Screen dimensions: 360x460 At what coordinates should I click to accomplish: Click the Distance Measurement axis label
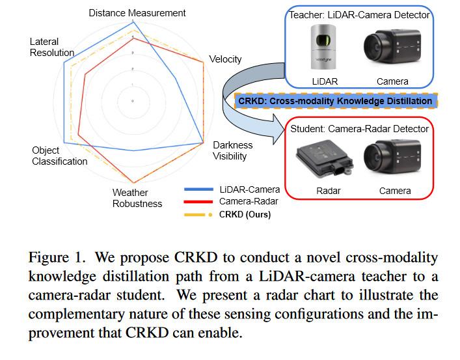pyautogui.click(x=137, y=12)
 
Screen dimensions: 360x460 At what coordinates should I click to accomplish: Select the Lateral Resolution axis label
pyautogui.click(x=52, y=47)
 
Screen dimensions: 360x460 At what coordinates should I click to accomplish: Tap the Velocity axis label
pyautogui.click(x=225, y=59)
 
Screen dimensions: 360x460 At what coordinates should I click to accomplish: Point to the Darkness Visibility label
pyautogui.click(x=232, y=150)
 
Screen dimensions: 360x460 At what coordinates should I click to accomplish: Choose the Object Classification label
pyautogui.click(x=59, y=156)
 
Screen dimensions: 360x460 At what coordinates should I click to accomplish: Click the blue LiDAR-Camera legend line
pyautogui.click(x=200, y=189)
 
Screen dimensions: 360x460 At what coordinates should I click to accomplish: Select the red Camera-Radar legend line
pyautogui.click(x=200, y=202)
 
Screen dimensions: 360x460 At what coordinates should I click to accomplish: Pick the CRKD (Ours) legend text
pyautogui.click(x=245, y=214)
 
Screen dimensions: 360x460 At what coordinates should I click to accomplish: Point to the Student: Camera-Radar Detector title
pyautogui.click(x=360, y=129)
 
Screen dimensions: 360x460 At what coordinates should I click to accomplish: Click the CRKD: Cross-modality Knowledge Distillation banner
pyautogui.click(x=335, y=101)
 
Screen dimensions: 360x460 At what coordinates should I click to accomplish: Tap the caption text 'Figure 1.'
pyautogui.click(x=55, y=258)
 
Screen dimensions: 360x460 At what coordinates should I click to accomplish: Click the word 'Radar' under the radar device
pyautogui.click(x=328, y=191)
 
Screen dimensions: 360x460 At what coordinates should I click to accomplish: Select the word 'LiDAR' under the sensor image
pyautogui.click(x=325, y=81)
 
